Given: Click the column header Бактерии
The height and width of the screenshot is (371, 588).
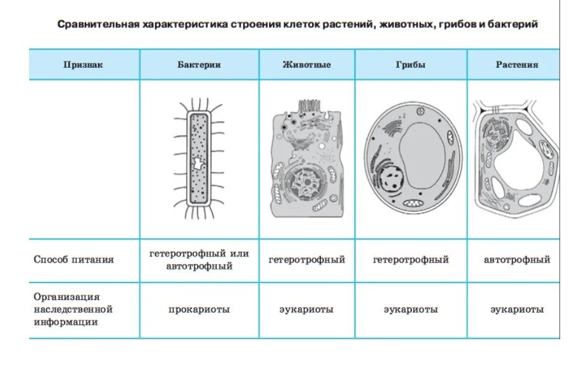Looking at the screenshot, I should point(199,65).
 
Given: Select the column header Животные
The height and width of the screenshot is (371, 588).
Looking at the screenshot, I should point(306,65).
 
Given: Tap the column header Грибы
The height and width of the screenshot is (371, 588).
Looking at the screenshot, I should point(411,65).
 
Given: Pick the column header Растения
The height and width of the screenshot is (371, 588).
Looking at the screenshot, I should point(517,65).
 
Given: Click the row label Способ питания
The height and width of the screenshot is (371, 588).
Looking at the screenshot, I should point(74,259).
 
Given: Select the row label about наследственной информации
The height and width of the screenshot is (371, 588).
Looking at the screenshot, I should point(73,309).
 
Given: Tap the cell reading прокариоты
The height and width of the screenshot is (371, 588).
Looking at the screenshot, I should point(199,310).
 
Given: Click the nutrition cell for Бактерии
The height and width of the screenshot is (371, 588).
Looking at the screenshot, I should point(199,260).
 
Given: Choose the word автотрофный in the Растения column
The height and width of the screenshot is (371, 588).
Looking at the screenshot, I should point(517,259).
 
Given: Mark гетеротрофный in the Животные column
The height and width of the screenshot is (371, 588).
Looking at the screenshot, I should point(306,259).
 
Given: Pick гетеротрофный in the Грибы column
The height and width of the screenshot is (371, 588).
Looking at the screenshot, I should point(411,259).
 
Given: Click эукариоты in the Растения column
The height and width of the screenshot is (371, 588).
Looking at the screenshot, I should point(517,310).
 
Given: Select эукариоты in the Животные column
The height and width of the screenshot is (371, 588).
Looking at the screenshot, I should point(306,310).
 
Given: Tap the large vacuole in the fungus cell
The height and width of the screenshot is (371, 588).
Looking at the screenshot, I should point(423,155).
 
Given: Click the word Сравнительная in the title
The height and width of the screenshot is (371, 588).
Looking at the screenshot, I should point(95,25).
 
